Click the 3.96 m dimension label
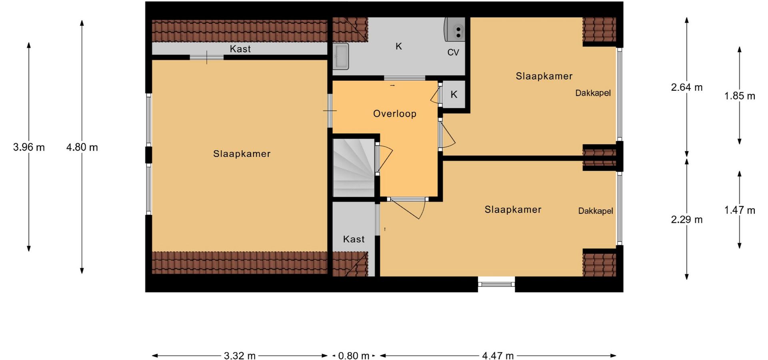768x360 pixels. tap(29, 147)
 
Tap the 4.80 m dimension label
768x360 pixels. tap(82, 147)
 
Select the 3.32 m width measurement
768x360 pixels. tap(240, 356)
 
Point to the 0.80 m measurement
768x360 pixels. tap(354, 356)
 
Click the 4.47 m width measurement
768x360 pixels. tap(498, 356)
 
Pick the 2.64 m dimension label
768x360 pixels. tap(687, 87)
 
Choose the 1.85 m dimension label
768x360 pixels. tap(740, 96)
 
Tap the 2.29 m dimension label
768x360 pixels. tap(687, 220)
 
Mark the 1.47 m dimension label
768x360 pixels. tap(740, 210)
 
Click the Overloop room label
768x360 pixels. tap(395, 114)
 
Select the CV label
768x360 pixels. tap(453, 52)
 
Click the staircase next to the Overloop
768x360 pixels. tap(354, 167)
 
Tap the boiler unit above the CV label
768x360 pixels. tap(455, 29)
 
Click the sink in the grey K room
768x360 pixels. tap(341, 56)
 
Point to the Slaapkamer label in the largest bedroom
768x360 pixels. tap(242, 154)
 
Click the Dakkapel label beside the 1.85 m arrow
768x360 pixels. tap(593, 93)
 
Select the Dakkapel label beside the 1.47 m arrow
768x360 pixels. tap(596, 211)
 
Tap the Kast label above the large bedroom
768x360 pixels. tap(240, 49)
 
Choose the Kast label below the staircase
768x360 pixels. tap(354, 239)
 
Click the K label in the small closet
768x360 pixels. tap(454, 94)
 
